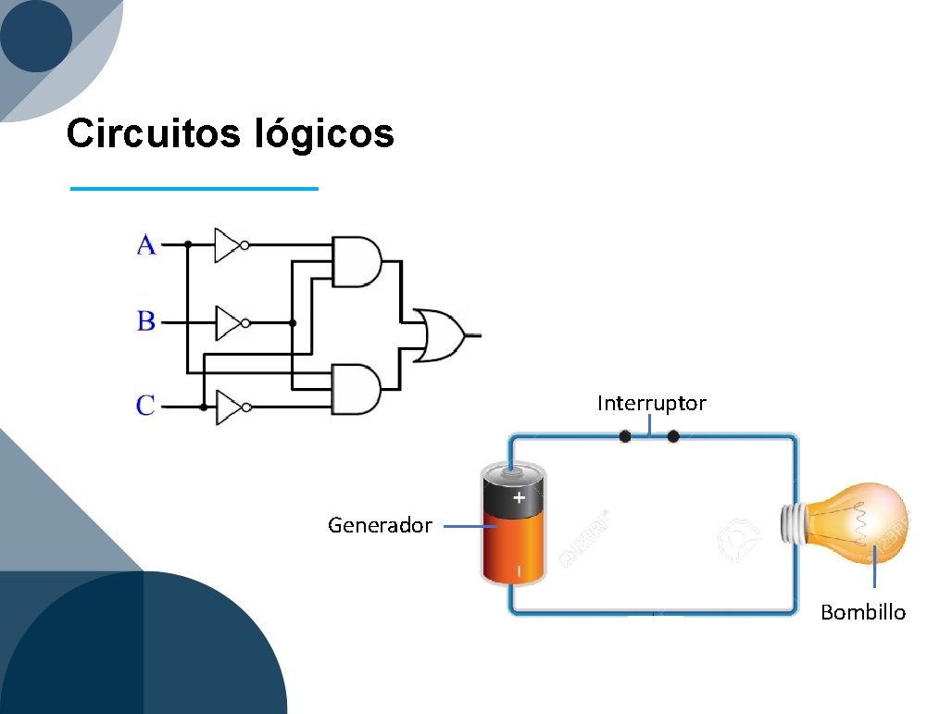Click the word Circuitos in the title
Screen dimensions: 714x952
(154, 133)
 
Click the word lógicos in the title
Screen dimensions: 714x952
(323, 135)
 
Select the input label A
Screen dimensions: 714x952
(146, 245)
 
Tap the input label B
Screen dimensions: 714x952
(146, 322)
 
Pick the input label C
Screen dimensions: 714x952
(146, 406)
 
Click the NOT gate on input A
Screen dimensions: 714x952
(228, 245)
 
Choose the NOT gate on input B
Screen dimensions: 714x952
(229, 323)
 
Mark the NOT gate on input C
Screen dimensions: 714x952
(229, 407)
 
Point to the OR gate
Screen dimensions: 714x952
(441, 335)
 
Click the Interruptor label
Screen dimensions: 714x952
(651, 404)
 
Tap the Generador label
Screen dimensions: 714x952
(380, 526)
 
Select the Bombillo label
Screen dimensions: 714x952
(863, 613)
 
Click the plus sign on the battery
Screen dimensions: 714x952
(519, 497)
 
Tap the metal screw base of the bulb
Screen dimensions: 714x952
(795, 523)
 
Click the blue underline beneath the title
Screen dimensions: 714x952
(194, 189)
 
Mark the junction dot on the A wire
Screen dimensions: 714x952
(188, 245)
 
